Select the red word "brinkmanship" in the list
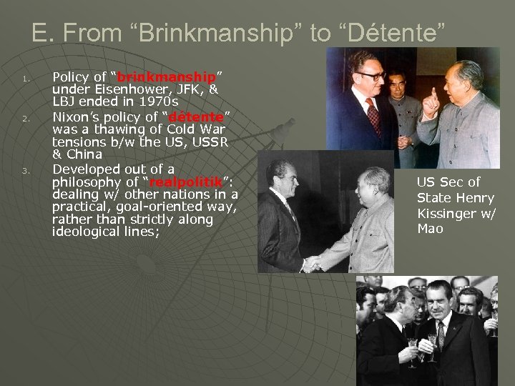(x=167, y=77)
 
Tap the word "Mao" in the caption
(x=430, y=229)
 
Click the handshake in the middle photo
(x=312, y=263)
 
